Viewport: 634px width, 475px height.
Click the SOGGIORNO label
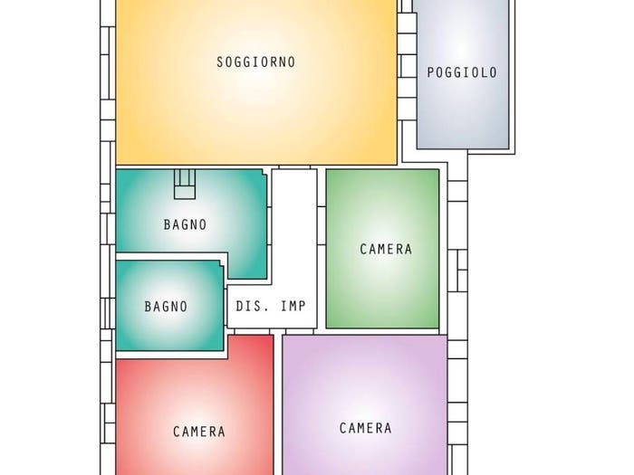[x=256, y=62]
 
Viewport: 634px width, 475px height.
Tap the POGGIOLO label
[x=462, y=72]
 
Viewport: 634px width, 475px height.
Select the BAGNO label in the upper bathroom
[x=185, y=224]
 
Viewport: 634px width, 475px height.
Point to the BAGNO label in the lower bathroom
[x=166, y=307]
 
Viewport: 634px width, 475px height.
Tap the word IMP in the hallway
[x=293, y=306]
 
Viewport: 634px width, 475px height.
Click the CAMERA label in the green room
[x=386, y=249]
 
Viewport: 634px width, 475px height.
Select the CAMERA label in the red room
[x=199, y=432]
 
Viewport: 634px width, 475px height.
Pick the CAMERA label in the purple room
[x=366, y=428]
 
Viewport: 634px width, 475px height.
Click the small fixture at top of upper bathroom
[x=185, y=185]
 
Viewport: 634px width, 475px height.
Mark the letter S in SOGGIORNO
[x=220, y=62]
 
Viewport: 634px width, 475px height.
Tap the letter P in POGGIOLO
[x=430, y=72]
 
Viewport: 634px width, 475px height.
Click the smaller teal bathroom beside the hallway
[x=170, y=306]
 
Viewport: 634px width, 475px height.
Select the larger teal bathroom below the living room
[x=190, y=210]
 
